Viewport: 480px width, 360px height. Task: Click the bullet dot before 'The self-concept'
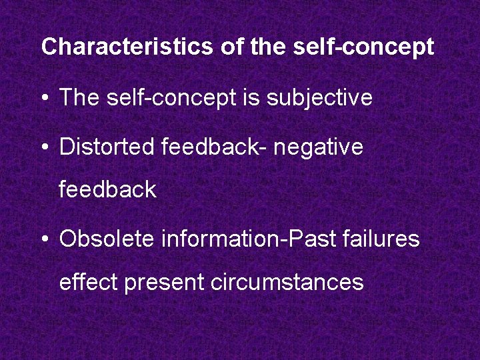tap(45, 98)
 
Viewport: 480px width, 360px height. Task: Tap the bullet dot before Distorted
tap(45, 147)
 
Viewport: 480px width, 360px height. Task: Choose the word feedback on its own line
tap(107, 190)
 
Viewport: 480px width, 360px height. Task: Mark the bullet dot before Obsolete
tap(45, 239)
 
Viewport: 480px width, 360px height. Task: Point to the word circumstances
tap(287, 282)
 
